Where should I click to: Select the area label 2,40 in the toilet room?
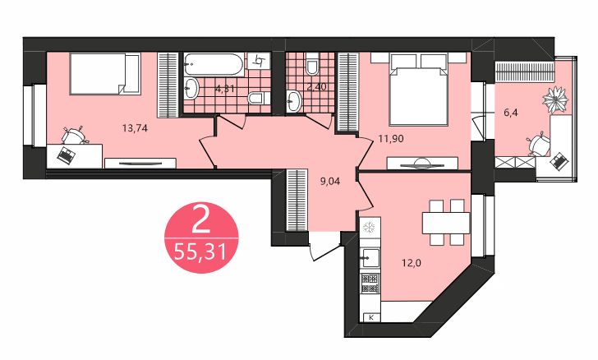(317, 86)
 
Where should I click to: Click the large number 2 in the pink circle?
(199, 220)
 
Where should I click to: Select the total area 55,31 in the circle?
(199, 250)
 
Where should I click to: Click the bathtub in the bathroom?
(213, 62)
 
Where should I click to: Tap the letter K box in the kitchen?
(371, 316)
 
